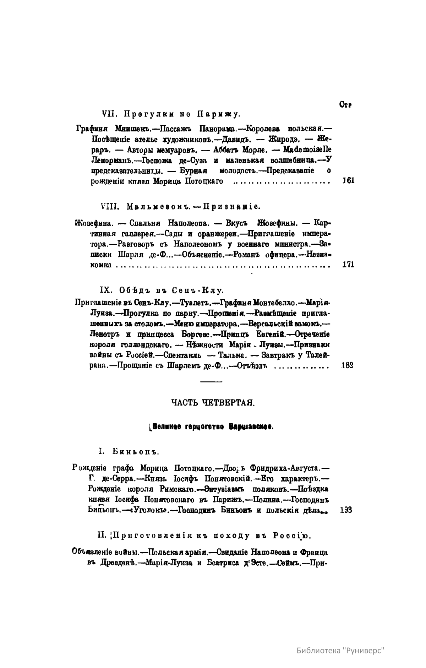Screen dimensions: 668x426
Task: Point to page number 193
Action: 345,510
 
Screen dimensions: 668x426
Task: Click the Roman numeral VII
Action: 107,114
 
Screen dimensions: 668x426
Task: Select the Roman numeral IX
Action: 106,290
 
